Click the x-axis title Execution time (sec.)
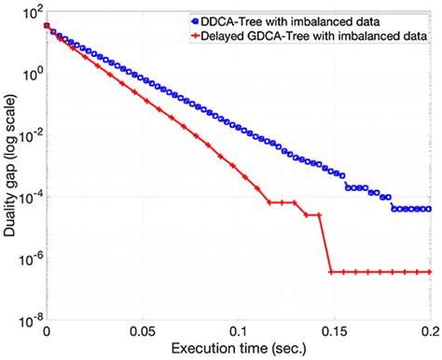(238, 350)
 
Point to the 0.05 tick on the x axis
(143, 329)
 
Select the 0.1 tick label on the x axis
(240, 329)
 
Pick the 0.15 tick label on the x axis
(335, 329)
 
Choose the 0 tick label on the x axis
(47, 329)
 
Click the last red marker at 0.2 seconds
(429, 272)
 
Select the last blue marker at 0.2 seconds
(429, 209)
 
